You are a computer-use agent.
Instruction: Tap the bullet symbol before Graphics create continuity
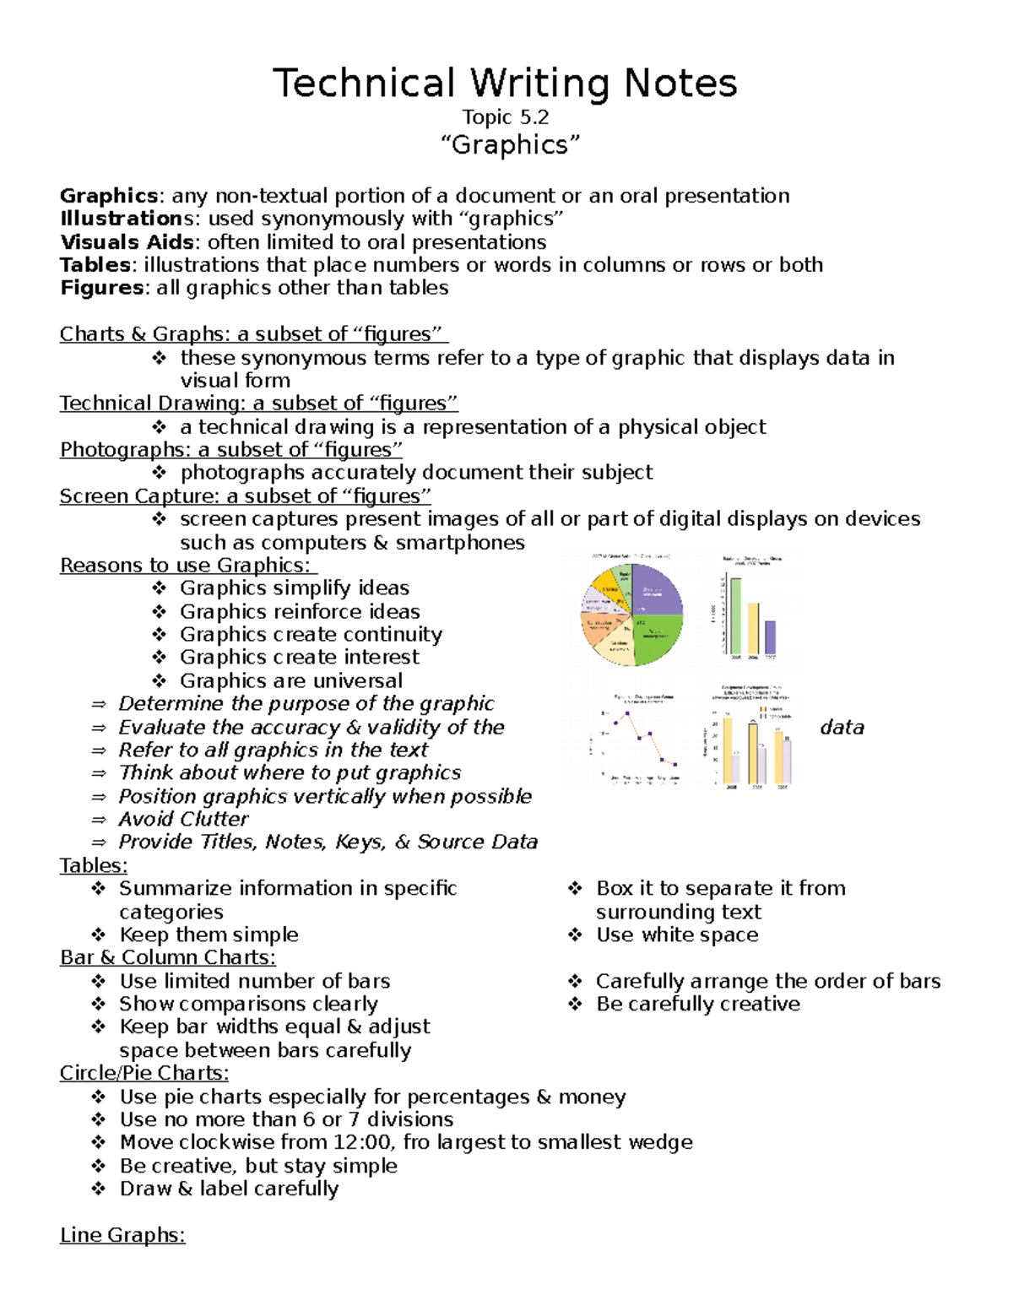160,634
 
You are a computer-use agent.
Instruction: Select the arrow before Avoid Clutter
99,820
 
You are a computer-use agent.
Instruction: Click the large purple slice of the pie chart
659,591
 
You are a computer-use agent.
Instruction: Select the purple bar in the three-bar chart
770,637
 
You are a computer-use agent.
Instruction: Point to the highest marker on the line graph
626,714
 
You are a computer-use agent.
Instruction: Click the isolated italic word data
842,728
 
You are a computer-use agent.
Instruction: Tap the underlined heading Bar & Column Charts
167,957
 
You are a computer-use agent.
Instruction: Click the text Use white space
677,934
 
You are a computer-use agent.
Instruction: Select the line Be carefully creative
697,1004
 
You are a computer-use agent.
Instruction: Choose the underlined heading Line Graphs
122,1235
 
